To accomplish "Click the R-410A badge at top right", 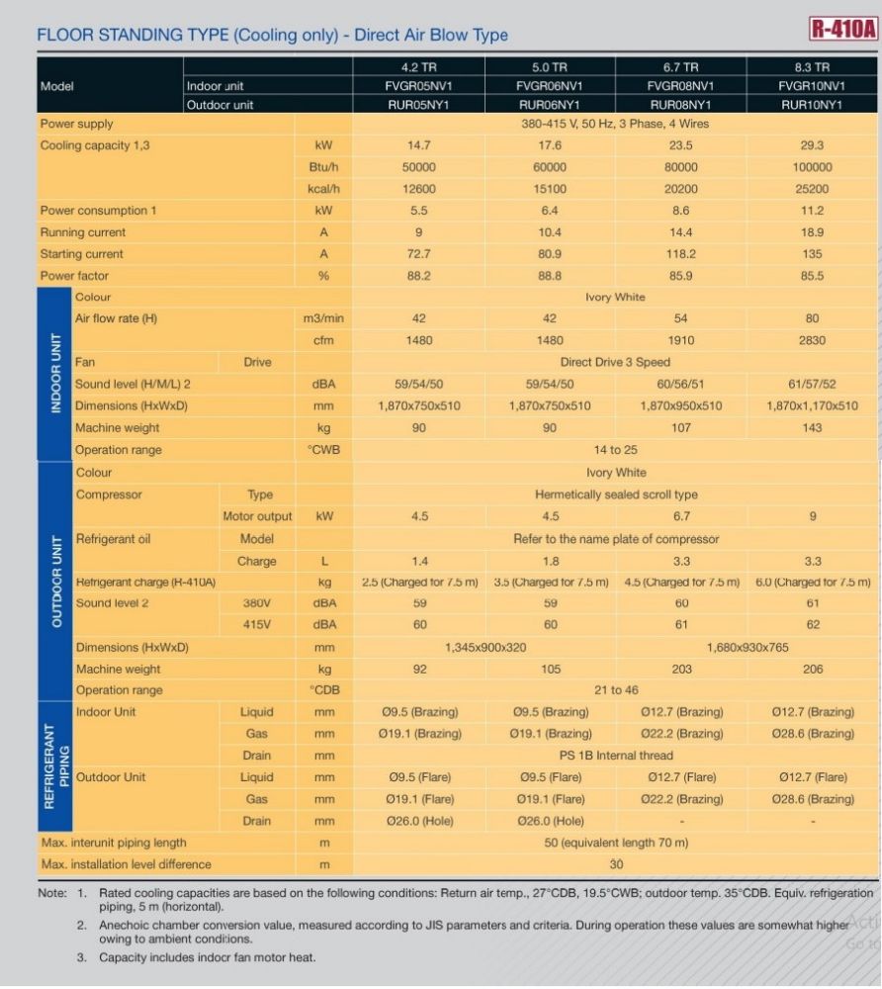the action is tap(843, 29).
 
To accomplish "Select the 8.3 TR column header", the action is tap(812, 67).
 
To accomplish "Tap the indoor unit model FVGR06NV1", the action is tap(549, 86).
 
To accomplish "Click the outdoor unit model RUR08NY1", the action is tap(680, 105).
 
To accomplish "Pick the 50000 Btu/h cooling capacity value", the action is tap(418, 167).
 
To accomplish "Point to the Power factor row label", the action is tap(74, 276).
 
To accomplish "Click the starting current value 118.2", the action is tap(681, 253).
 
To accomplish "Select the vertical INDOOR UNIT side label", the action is tap(56, 374).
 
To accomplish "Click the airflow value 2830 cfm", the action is tap(812, 340).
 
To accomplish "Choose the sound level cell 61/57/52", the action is tap(812, 384).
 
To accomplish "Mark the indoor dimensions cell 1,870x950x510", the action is tap(681, 406).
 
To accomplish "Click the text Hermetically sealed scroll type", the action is tap(616, 494).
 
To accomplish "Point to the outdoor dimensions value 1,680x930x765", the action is tap(748, 647).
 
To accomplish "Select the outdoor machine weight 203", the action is tap(681, 670).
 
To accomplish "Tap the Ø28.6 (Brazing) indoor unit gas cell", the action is tap(813, 734).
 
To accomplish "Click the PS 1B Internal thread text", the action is tap(616, 756).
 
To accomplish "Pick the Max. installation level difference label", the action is tap(127, 864).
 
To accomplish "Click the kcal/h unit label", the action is tap(323, 189).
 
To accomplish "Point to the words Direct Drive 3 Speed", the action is tap(615, 362).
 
